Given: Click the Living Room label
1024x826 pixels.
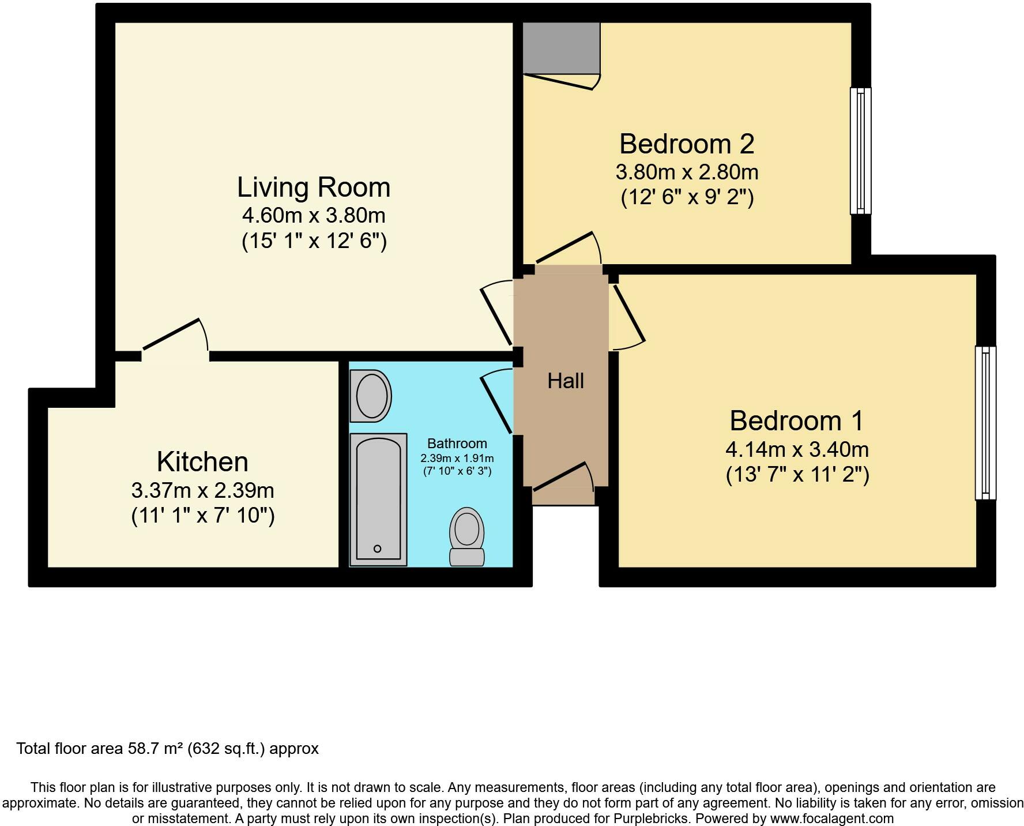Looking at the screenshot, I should point(314,187).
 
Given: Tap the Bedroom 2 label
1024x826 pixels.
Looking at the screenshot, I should point(686,144).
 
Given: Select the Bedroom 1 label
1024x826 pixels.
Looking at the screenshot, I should point(796,420).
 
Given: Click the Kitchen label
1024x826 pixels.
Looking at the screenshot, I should point(202,462).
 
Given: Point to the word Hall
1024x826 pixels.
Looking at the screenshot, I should point(565,381).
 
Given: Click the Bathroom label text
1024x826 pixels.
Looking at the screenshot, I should point(457,444).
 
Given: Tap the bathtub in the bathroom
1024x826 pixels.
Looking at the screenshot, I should point(378,499).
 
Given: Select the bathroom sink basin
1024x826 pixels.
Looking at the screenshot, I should point(371,396).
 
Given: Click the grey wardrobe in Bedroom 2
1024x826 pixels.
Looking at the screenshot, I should point(561,48).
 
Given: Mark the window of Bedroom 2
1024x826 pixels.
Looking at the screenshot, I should point(860,151).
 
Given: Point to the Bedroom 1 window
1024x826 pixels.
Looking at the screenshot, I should point(985,422).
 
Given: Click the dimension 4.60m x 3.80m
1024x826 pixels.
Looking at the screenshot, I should point(314,216).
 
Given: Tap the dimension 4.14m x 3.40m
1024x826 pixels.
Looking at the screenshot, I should point(797,449).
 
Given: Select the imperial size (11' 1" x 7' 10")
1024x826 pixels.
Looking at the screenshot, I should point(202,515).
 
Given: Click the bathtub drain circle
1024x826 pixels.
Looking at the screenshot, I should point(378,549).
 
